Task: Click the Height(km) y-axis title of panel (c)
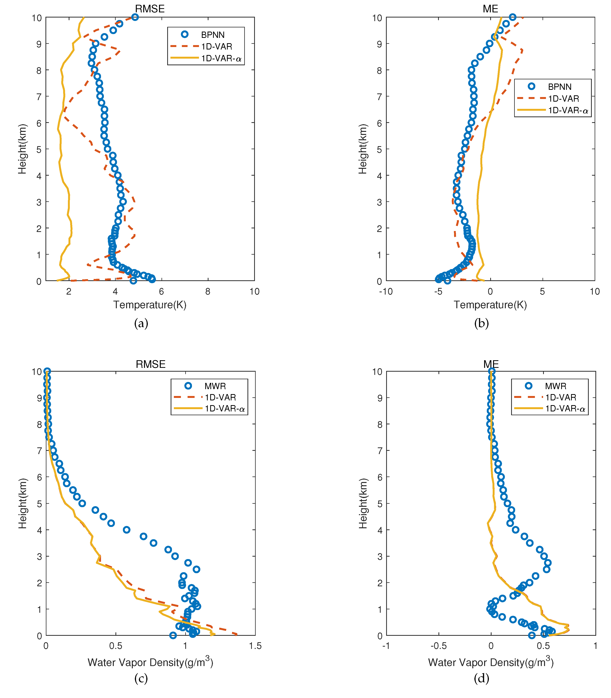[x=22, y=504]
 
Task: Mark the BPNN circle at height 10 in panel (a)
[x=135, y=17]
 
